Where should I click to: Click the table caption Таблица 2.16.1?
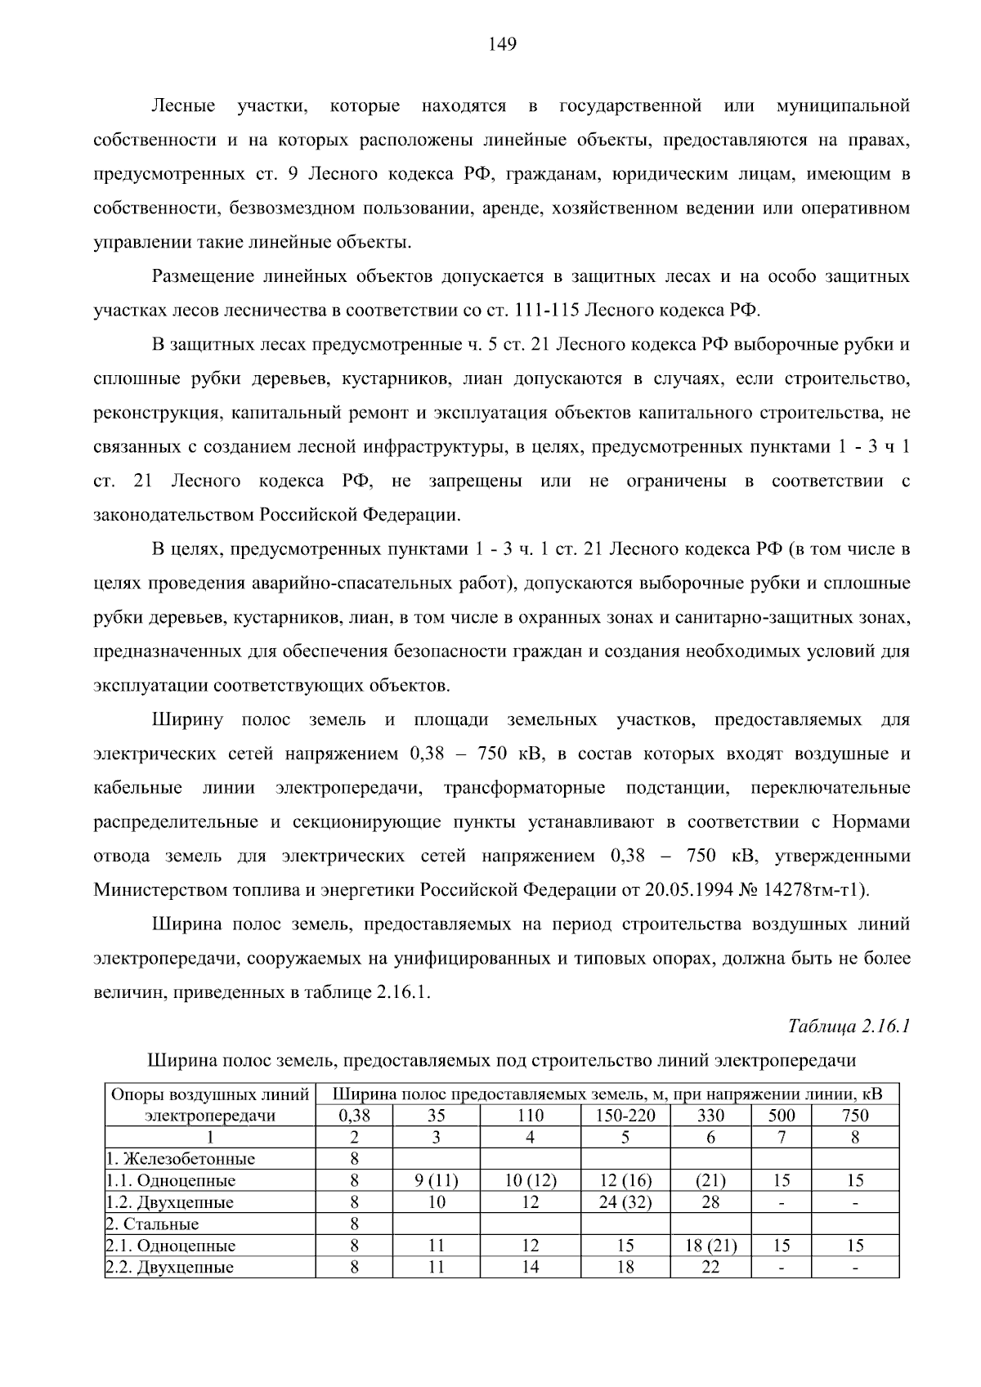click(849, 1026)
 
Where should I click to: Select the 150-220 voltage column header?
click(625, 1116)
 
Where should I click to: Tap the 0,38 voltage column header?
click(354, 1116)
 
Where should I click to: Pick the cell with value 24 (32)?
click(625, 1202)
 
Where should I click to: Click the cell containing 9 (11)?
click(437, 1180)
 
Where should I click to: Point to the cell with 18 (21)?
click(710, 1246)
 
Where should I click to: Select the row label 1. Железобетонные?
click(181, 1159)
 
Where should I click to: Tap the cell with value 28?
click(710, 1202)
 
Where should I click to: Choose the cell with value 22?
click(710, 1268)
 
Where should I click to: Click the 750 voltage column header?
click(855, 1116)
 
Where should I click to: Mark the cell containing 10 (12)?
click(530, 1180)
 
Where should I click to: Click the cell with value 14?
click(530, 1268)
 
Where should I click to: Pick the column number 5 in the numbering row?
click(625, 1137)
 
